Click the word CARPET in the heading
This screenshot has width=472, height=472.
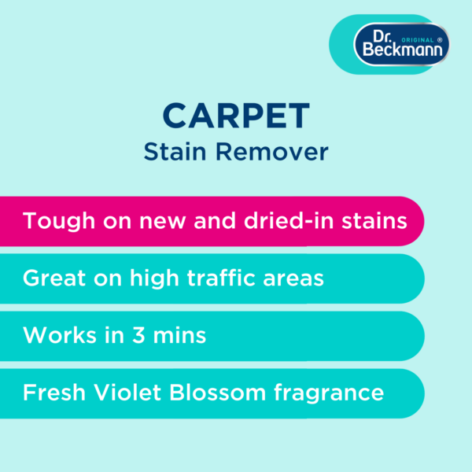[236, 116]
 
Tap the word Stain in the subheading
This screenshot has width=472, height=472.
[175, 152]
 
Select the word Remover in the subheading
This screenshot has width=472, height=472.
[272, 152]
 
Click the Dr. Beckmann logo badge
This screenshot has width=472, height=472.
[401, 44]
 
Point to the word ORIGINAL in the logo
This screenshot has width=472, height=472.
[418, 40]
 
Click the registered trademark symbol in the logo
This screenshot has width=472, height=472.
[440, 40]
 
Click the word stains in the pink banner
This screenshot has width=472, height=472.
[374, 221]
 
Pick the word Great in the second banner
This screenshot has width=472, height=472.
[54, 278]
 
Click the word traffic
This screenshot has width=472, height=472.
[221, 277]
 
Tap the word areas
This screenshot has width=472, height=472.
[293, 278]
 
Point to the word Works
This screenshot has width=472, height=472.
[60, 335]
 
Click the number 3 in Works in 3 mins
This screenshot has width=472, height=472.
[138, 335]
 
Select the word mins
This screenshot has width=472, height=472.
[179, 335]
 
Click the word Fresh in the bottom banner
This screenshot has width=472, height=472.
[54, 393]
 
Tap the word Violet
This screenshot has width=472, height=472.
[127, 393]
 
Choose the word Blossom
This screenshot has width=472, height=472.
[218, 393]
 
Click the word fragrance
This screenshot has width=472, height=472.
[329, 393]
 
